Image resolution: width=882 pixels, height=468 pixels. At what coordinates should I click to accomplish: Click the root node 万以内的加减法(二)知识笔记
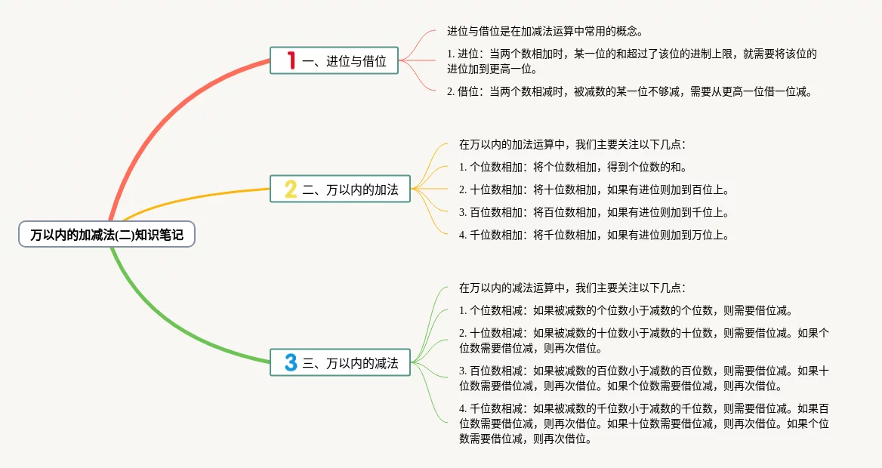point(106,235)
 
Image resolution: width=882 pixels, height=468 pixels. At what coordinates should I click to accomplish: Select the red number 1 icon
point(291,60)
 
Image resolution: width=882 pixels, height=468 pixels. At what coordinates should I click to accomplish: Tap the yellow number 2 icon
point(291,189)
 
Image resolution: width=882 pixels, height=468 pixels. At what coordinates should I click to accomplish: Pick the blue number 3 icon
point(291,362)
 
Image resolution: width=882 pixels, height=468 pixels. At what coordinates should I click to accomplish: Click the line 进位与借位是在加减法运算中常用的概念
point(544,32)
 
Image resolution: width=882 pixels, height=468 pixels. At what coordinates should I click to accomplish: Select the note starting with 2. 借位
point(629,92)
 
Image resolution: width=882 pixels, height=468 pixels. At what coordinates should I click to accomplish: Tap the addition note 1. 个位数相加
point(573,167)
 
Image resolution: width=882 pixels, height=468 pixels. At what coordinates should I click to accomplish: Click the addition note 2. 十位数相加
point(594,189)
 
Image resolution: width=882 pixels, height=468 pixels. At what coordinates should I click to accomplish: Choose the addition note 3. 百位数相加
point(594,212)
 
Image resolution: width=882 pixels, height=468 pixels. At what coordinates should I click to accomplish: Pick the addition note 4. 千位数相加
point(594,235)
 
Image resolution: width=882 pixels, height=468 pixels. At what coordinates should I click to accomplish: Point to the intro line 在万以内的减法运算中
point(572,288)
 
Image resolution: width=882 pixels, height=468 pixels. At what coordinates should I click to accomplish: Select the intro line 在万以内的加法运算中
point(572,144)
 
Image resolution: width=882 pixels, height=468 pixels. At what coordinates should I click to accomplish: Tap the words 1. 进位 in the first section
point(464,54)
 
